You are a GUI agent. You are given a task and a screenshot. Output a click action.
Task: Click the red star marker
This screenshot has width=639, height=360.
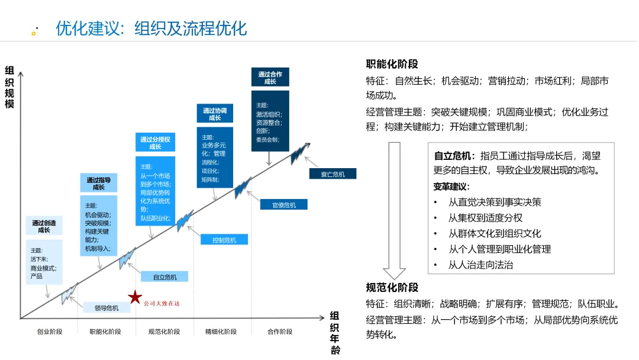point(135,297)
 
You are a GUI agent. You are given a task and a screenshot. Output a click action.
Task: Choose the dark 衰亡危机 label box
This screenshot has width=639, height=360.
point(333,173)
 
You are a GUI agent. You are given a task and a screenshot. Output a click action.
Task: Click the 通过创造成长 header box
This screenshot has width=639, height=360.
point(44,226)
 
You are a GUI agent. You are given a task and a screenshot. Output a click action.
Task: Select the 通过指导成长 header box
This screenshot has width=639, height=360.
point(98,184)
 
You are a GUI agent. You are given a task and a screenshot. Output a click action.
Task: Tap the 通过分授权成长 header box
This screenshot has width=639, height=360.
point(155,143)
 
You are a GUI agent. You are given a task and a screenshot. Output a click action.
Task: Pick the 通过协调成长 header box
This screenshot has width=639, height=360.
point(214,114)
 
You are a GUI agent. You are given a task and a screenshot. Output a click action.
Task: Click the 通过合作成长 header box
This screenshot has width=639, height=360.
point(270,78)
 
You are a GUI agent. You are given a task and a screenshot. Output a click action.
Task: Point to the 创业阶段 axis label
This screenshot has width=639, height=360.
point(50,332)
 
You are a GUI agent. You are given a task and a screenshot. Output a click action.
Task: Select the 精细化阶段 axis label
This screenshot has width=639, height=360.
point(221,332)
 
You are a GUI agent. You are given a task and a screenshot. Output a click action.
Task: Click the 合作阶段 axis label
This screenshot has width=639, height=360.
point(280,332)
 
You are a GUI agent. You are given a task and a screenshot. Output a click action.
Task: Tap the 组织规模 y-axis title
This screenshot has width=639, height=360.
point(9,86)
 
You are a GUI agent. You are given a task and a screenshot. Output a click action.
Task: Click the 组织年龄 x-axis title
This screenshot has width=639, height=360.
point(335,332)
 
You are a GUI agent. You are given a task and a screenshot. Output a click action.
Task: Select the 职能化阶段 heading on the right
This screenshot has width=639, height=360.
point(392,65)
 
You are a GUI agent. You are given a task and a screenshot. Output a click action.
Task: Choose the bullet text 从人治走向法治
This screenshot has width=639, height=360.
point(480,265)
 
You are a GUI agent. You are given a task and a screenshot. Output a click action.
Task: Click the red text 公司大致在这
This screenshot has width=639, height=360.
point(162,304)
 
